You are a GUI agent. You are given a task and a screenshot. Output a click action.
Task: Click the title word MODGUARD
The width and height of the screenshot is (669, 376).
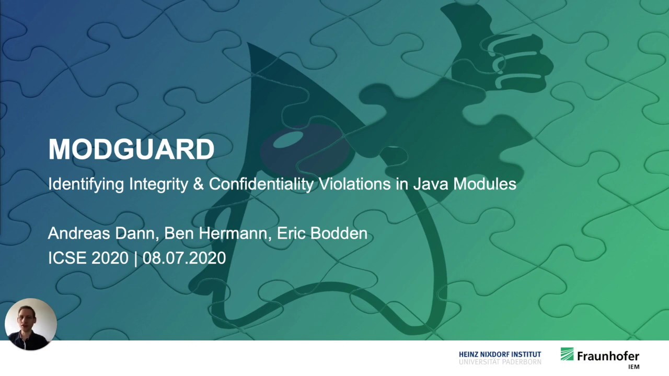(131, 150)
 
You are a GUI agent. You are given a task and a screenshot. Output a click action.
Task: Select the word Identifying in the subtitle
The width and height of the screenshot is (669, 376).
(86, 184)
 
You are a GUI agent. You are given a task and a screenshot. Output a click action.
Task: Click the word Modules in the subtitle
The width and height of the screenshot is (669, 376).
(485, 184)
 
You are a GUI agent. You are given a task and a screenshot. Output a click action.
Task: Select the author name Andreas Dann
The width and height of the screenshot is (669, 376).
(102, 233)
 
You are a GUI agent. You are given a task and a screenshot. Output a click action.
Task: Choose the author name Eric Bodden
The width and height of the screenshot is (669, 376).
(322, 233)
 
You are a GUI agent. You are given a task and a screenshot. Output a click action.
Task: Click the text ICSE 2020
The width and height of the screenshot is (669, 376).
(88, 258)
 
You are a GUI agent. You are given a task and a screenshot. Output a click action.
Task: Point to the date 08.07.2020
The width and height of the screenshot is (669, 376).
(184, 258)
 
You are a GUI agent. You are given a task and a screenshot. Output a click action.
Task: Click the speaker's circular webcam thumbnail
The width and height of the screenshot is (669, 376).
(30, 324)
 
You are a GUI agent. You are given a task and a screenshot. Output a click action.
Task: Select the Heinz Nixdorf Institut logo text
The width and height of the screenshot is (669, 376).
(500, 358)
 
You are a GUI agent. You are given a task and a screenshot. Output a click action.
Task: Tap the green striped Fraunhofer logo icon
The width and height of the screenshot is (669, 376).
(567, 355)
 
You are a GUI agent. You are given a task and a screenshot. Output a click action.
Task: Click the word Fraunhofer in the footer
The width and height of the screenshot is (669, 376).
(608, 356)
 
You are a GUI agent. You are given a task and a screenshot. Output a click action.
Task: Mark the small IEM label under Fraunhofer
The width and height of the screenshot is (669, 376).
(633, 367)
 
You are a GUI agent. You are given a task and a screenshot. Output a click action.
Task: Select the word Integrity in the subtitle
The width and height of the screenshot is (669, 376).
(158, 184)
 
